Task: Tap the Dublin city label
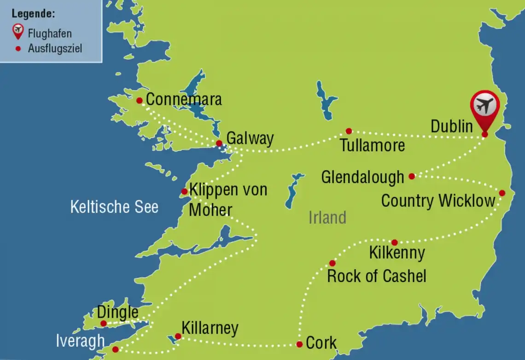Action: pyautogui.click(x=451, y=126)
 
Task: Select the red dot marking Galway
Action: pyautogui.click(x=219, y=143)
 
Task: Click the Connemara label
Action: pyautogui.click(x=183, y=99)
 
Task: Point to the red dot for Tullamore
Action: pyautogui.click(x=349, y=131)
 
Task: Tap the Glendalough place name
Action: pyautogui.click(x=362, y=177)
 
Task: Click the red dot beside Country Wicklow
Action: pyautogui.click(x=502, y=193)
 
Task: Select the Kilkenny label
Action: pyautogui.click(x=397, y=253)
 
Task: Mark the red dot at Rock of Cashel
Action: pyautogui.click(x=332, y=263)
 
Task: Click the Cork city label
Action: pyautogui.click(x=321, y=343)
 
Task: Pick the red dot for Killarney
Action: pyautogui.click(x=178, y=336)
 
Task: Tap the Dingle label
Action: pyautogui.click(x=117, y=312)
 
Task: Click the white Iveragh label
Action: pyautogui.click(x=80, y=341)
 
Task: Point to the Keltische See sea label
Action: pyautogui.click(x=114, y=207)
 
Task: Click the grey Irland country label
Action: pyautogui.click(x=327, y=217)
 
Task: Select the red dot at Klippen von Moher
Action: pyautogui.click(x=184, y=191)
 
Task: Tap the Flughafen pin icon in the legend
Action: pyautogui.click(x=18, y=32)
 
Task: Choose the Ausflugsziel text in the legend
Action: pyautogui.click(x=55, y=48)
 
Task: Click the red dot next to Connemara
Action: pyautogui.click(x=139, y=100)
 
